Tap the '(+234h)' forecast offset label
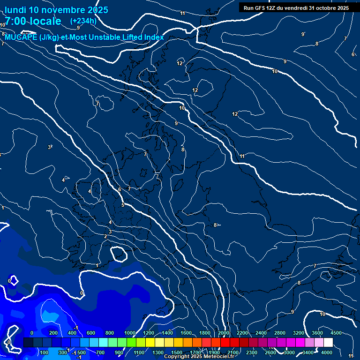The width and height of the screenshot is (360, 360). (x=83, y=21)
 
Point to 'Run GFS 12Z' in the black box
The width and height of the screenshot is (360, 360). (x=261, y=8)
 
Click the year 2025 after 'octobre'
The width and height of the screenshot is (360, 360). (x=342, y=8)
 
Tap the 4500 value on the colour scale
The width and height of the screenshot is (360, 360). (x=336, y=333)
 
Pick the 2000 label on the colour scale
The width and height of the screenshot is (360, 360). (x=224, y=333)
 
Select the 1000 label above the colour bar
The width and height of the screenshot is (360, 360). (x=129, y=333)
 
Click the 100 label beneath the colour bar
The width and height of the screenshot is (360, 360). (x=45, y=352)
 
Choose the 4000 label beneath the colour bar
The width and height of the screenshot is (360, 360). (x=327, y=352)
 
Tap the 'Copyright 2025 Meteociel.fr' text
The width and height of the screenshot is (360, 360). (x=199, y=357)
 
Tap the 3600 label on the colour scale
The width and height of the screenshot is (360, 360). (x=317, y=333)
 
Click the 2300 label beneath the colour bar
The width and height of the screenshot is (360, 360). (x=252, y=352)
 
